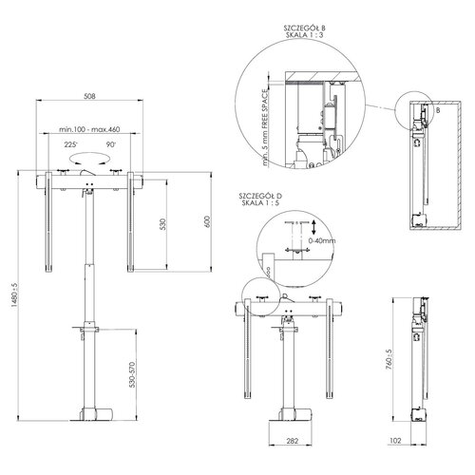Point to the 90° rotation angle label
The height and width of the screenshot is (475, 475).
[x=110, y=145]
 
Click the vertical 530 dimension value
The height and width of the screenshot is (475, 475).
[x=162, y=225]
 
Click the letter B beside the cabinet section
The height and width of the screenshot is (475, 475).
[x=437, y=110]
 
